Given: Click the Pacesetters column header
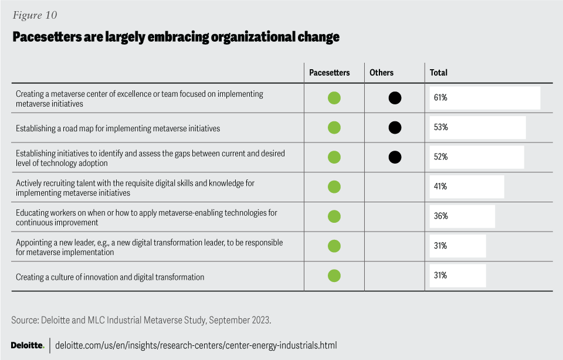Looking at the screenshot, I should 330,73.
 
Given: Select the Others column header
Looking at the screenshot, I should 381,73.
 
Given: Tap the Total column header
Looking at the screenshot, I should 438,73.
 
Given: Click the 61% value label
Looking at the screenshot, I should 440,98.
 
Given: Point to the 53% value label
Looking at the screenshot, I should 440,127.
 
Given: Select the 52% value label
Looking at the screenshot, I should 440,157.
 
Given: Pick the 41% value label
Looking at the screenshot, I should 440,186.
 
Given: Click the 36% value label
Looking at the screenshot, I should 440,216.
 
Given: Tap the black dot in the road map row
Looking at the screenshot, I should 395,127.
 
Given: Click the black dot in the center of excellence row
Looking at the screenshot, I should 395,98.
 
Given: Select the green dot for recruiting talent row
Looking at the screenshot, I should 334,186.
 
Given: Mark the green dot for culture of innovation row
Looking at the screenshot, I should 334,276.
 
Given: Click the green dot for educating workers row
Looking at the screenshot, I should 334,216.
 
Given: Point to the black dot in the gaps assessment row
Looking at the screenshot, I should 395,157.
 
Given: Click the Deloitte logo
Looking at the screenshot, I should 28,345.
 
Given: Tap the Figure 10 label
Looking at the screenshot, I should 35,15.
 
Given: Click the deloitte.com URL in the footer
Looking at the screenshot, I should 196,345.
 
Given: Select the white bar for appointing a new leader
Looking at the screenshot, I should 456,246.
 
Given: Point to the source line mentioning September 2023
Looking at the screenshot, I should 141,320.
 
